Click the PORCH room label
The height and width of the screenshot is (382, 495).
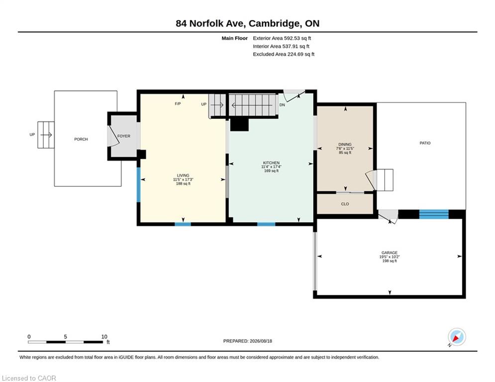[x=81, y=139]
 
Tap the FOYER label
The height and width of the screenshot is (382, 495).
[x=124, y=136]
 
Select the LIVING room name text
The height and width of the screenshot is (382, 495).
[x=183, y=175]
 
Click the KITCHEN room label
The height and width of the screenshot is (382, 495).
[x=271, y=163]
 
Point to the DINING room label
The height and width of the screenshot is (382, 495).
[x=345, y=144]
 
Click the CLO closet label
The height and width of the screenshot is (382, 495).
[x=345, y=204]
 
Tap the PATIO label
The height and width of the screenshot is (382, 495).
[x=425, y=143]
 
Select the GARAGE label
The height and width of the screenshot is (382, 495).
[x=390, y=253]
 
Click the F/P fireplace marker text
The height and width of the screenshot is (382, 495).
[x=178, y=104]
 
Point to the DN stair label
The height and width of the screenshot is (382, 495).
[x=282, y=105]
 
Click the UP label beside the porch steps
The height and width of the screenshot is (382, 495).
[x=32, y=134]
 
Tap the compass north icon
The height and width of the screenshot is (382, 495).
[x=457, y=337]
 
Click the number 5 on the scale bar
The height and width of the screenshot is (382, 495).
[x=65, y=337]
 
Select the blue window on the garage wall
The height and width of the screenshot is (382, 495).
[x=434, y=214]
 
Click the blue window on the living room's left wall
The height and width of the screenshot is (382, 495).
[x=138, y=185]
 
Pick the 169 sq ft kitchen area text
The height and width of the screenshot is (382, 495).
[x=271, y=171]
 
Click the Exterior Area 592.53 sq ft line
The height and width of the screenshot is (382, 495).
[x=282, y=38]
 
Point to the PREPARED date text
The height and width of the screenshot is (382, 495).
[x=248, y=341]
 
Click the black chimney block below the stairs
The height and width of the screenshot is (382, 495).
[x=239, y=124]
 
